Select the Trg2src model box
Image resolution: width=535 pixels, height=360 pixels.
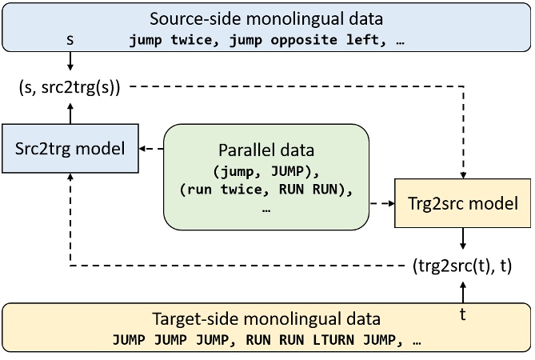click(461, 203)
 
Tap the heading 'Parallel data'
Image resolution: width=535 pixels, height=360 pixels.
click(266, 150)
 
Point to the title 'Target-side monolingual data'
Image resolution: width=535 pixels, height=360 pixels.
click(266, 318)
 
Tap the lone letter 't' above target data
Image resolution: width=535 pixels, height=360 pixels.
click(461, 314)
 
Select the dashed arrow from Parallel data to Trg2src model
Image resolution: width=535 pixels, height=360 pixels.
click(381, 203)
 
